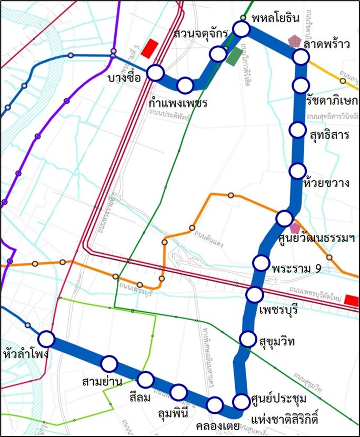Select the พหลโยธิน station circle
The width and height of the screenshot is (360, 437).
click(241, 29)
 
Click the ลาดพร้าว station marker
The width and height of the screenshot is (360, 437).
click(300, 57)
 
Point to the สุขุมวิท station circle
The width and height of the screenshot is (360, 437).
click(247, 339)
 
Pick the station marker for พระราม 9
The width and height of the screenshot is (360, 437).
click(261, 262)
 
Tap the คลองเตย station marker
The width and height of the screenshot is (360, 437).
click(214, 405)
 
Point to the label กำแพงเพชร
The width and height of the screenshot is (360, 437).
click(178, 102)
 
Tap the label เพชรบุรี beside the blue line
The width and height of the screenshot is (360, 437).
click(279, 309)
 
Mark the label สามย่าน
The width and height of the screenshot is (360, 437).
click(103, 380)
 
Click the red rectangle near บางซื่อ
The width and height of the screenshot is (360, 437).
click(152, 47)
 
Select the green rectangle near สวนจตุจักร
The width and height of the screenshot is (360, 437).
click(234, 57)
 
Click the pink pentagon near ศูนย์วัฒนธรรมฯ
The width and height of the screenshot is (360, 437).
click(295, 228)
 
